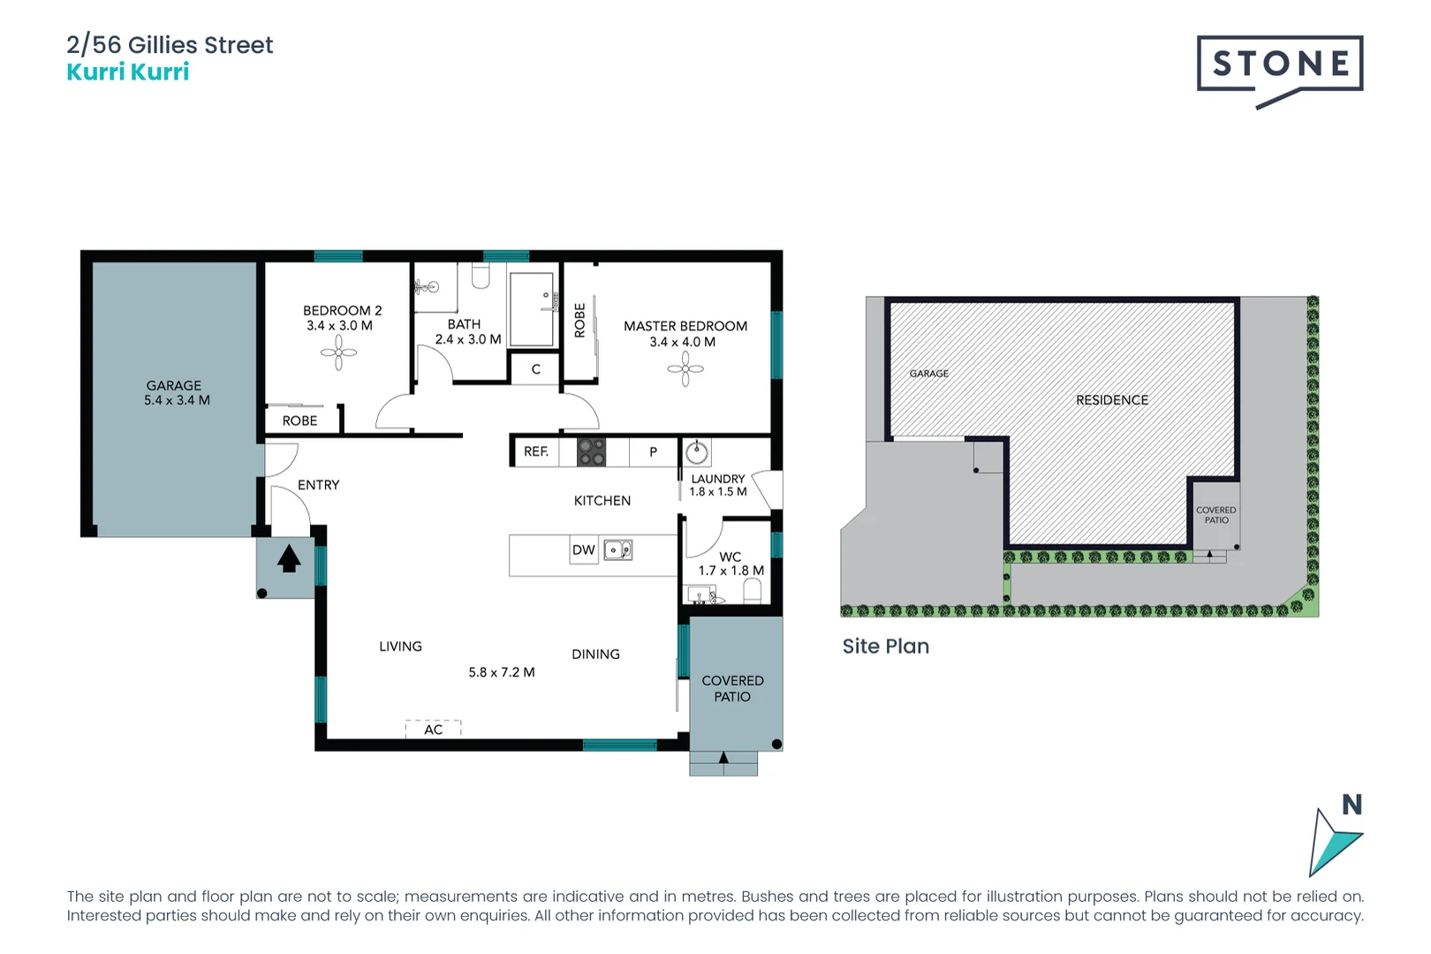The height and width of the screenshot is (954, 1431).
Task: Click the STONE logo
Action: click(1279, 65)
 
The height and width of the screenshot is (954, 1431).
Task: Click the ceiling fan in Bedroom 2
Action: click(338, 353)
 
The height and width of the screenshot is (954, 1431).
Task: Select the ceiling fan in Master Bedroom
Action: click(685, 369)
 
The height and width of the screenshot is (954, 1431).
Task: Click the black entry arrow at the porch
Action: click(289, 559)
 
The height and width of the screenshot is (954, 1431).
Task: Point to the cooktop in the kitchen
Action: click(591, 452)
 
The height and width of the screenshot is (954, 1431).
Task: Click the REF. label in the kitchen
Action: click(535, 451)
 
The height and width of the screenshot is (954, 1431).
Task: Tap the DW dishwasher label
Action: click(583, 549)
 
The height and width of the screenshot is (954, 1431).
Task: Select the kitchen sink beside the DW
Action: click(617, 550)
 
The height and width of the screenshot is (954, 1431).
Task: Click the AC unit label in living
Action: click(433, 730)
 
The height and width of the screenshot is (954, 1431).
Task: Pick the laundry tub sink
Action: click(697, 453)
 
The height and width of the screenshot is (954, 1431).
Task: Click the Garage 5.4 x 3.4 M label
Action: click(176, 393)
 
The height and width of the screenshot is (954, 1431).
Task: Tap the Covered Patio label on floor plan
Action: click(732, 688)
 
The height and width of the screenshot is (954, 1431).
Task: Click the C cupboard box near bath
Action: click(535, 369)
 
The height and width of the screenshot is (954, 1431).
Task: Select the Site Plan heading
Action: click(885, 646)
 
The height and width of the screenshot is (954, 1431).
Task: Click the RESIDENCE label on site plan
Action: click(1111, 400)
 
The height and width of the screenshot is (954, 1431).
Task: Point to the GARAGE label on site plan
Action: click(928, 374)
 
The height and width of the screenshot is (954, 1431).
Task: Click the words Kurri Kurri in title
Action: click(128, 72)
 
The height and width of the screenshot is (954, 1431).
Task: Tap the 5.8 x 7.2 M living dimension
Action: click(501, 672)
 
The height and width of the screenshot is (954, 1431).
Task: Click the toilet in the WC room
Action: click(752, 591)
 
